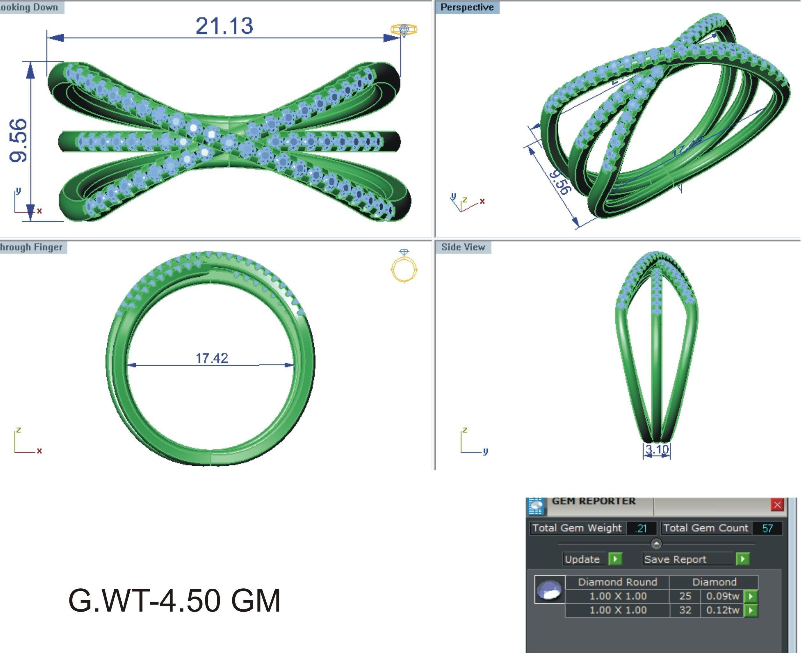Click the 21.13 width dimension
click(x=225, y=26)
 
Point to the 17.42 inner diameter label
click(x=212, y=358)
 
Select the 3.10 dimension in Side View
click(x=657, y=449)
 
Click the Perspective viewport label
click(x=467, y=7)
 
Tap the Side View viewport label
click(x=463, y=247)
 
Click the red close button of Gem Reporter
click(x=777, y=505)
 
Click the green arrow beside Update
click(x=615, y=559)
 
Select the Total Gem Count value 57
click(x=767, y=528)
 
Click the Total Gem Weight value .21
click(x=641, y=528)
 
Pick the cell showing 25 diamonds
click(x=685, y=596)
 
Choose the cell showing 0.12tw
click(x=722, y=610)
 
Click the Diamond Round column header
click(x=617, y=582)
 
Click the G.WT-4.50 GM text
click(x=174, y=601)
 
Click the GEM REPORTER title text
click(x=593, y=501)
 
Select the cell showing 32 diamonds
click(x=685, y=610)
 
